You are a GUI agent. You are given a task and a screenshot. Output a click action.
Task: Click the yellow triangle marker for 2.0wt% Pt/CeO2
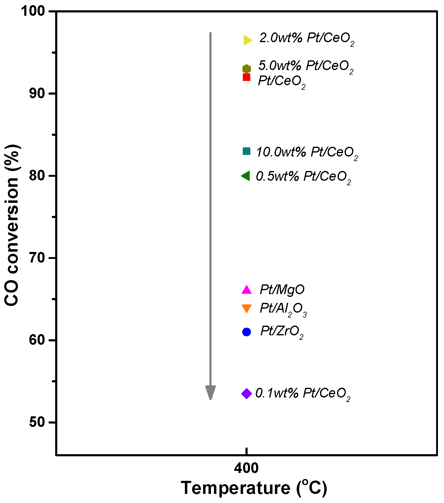click(x=247, y=40)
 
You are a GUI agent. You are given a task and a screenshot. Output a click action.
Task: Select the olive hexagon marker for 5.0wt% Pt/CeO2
click(x=247, y=69)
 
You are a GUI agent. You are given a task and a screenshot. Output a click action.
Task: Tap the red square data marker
click(x=247, y=77)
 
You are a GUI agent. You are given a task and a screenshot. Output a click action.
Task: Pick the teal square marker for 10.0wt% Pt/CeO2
click(x=247, y=151)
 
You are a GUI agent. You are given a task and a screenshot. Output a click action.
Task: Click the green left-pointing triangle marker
click(x=246, y=176)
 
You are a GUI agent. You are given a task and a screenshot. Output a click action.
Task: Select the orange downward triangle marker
click(x=247, y=308)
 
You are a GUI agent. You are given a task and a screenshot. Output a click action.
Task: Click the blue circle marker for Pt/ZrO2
click(x=247, y=332)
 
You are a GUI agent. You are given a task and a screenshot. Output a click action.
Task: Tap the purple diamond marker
click(x=247, y=394)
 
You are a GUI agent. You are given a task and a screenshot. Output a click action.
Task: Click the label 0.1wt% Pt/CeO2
click(x=303, y=394)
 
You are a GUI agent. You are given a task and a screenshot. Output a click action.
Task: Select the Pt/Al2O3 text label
click(x=283, y=309)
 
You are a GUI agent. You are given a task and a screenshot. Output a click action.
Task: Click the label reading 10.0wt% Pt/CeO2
click(x=307, y=152)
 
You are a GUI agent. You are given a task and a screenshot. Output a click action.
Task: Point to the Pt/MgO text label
click(x=282, y=290)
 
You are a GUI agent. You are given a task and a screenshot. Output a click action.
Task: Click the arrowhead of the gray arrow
click(x=210, y=393)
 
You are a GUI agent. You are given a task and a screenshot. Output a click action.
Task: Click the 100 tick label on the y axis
click(x=33, y=12)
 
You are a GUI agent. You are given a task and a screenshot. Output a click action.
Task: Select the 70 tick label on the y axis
click(x=37, y=258)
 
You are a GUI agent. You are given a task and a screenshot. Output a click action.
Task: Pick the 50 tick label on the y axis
click(x=37, y=422)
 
